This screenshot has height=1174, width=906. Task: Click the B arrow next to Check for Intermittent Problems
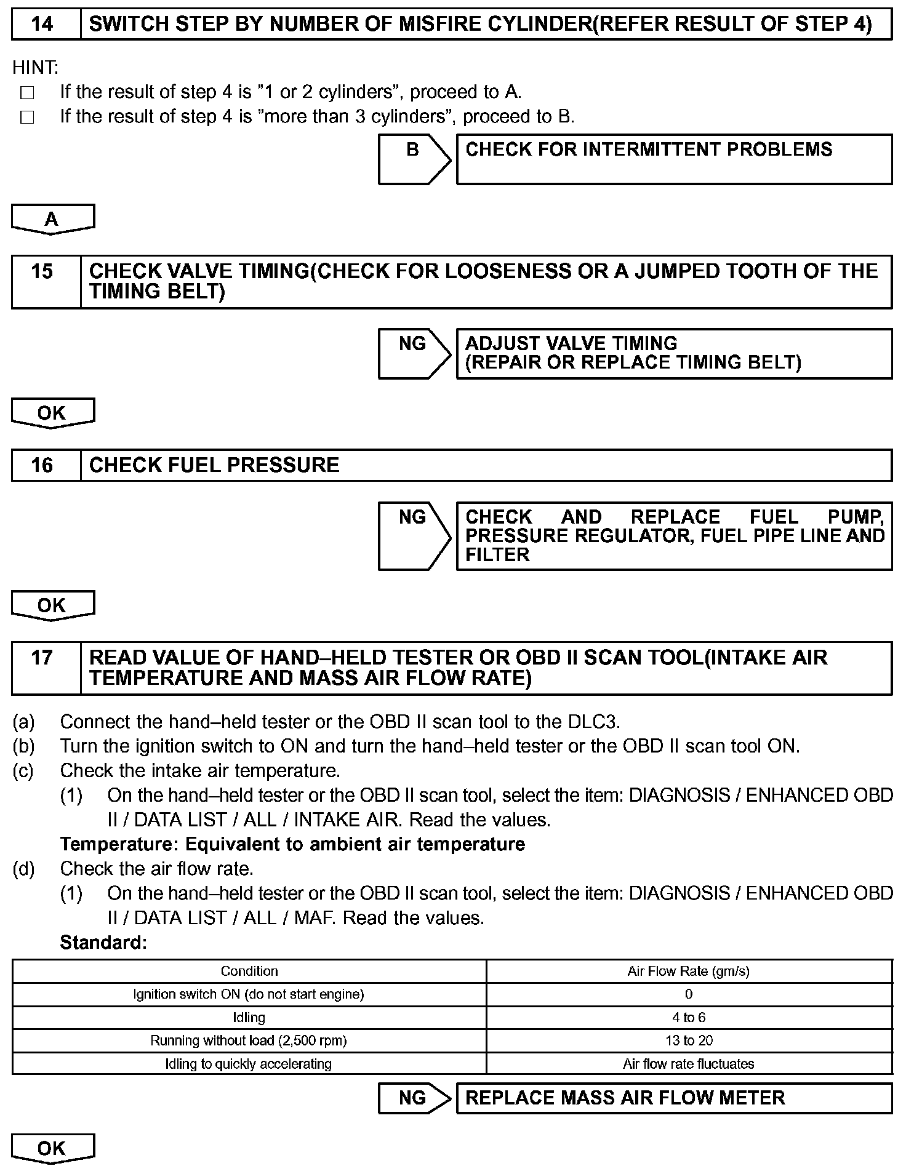pos(414,159)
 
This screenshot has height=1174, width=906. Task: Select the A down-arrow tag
pos(53,219)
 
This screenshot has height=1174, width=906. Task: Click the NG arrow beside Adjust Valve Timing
pos(414,353)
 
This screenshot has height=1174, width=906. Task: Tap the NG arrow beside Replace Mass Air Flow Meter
pos(414,1098)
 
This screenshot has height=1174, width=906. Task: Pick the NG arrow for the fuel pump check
pos(414,536)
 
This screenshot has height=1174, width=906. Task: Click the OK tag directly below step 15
pos(53,413)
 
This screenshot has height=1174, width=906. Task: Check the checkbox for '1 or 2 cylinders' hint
pos(27,93)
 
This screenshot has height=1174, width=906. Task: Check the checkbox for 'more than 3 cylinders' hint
pos(27,118)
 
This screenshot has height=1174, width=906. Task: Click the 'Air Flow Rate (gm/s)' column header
pos(688,971)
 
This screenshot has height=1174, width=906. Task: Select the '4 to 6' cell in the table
pos(688,1017)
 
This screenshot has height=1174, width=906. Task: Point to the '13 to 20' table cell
pos(688,1040)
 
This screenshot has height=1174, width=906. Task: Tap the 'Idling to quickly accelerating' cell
pos(249,1064)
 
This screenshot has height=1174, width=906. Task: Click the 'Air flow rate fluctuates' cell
pos(688,1064)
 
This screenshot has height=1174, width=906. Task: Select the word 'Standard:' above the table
pos(103,943)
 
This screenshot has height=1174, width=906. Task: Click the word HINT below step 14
pos(35,67)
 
